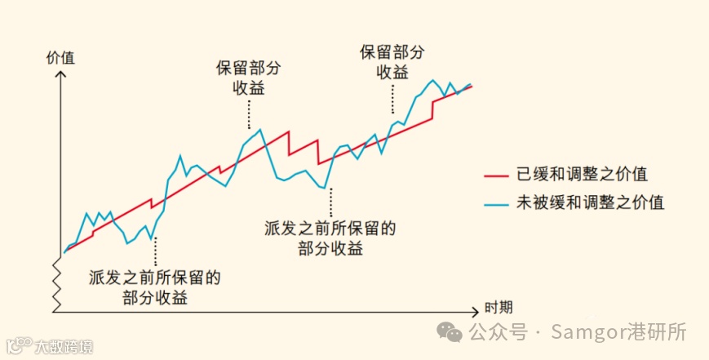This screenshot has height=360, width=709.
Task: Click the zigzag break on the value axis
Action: tap(56, 278)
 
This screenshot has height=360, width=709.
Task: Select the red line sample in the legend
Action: tap(497, 175)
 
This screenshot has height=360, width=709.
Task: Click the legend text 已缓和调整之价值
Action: tap(583, 175)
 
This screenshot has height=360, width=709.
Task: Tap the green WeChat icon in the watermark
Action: tap(449, 331)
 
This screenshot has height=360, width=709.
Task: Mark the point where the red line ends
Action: tap(472, 86)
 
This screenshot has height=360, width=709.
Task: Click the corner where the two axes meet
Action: tap(55, 311)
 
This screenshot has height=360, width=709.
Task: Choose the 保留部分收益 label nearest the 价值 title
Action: tap(249, 78)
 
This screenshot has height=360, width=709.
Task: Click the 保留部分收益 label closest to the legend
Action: tap(392, 61)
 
